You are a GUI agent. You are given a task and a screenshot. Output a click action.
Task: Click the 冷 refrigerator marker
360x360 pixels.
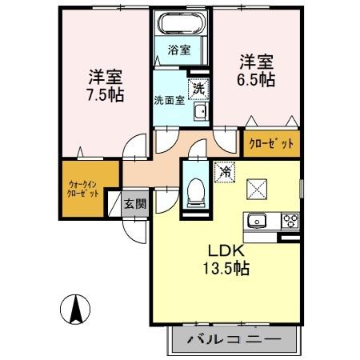226,170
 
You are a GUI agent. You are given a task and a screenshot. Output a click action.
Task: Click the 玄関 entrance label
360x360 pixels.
135,203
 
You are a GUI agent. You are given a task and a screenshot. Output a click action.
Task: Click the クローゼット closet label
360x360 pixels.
271,145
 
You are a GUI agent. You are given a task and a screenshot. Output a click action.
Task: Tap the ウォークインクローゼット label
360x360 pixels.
84,189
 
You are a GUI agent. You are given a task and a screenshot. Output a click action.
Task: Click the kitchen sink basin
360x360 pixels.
258,222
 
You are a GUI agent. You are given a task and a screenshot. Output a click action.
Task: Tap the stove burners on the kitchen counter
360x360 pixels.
288,222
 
